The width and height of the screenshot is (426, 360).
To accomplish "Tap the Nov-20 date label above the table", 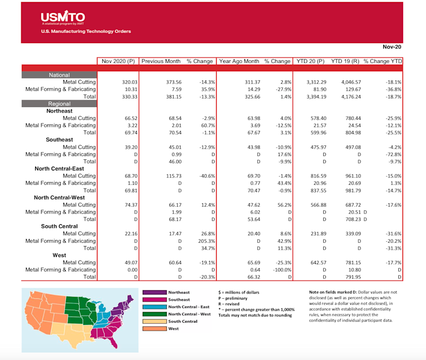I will click(x=392, y=47).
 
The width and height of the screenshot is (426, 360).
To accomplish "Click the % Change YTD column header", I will click(x=382, y=61).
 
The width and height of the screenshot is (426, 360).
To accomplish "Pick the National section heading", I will click(x=59, y=75).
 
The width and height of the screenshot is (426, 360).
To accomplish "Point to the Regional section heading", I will click(x=59, y=103).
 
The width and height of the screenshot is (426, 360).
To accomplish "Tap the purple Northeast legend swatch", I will click(x=154, y=292).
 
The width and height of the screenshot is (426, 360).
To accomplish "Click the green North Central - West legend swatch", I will click(x=154, y=314).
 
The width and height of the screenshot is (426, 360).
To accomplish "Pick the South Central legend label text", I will click(x=183, y=322).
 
